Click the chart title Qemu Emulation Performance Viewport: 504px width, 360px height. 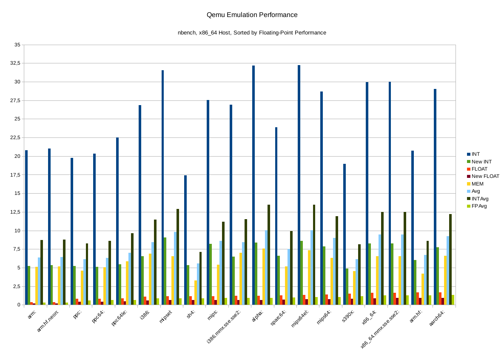coord(252,15)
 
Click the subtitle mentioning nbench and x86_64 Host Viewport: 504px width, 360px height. coord(252,32)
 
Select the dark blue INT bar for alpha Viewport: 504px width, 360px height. coord(253,185)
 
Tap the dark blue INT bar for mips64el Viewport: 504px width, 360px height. coord(299,185)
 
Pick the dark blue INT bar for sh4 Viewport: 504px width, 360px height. coord(185,240)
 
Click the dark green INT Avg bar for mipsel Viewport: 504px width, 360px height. coord(178,257)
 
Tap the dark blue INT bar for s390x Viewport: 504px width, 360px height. coord(345,234)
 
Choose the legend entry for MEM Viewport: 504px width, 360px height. coord(478,184)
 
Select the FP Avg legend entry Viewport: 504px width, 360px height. coord(479,206)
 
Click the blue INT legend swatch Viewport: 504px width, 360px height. coord(468,154)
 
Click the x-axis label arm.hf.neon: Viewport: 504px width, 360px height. coord(51,321)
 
